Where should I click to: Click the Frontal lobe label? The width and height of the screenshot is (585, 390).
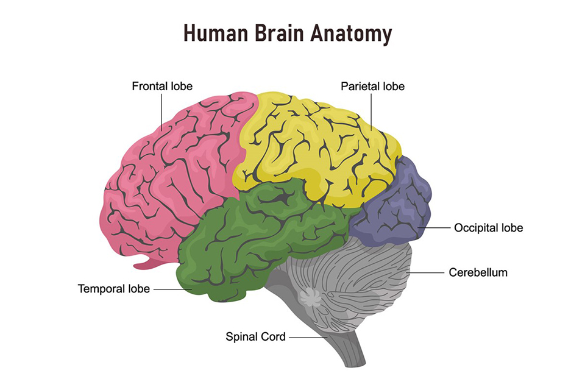pyautogui.click(x=162, y=87)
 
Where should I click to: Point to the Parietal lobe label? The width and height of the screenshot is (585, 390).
pyautogui.click(x=372, y=87)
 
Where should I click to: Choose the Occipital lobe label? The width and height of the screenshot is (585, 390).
pyautogui.click(x=488, y=228)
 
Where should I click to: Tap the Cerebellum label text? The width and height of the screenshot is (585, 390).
pyautogui.click(x=478, y=272)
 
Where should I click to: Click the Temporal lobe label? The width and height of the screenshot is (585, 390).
pyautogui.click(x=113, y=288)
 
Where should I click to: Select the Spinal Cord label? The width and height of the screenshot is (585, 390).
pyautogui.click(x=255, y=336)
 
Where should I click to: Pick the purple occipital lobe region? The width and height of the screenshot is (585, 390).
pyautogui.click(x=396, y=207)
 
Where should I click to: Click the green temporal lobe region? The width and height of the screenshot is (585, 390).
pyautogui.click(x=244, y=238)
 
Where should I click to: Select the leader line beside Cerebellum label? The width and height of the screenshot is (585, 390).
pyautogui.click(x=428, y=272)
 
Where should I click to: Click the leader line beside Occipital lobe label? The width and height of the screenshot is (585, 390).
pyautogui.click(x=434, y=228)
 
